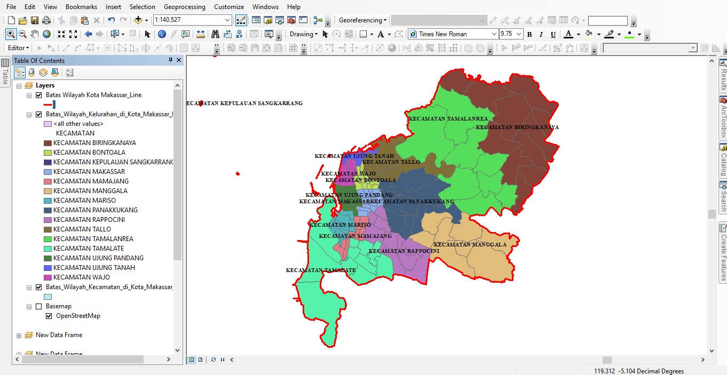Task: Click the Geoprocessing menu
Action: pyautogui.click(x=184, y=7)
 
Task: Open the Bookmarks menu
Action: pyautogui.click(x=81, y=7)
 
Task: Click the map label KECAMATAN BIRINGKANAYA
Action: pyautogui.click(x=517, y=127)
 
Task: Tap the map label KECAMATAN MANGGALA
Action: pyautogui.click(x=470, y=245)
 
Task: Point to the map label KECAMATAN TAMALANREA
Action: pyautogui.click(x=448, y=118)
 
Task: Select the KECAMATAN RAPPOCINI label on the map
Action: pyautogui.click(x=404, y=251)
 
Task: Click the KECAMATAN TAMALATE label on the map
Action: pyautogui.click(x=321, y=270)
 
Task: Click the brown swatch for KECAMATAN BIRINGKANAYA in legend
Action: pyautogui.click(x=48, y=143)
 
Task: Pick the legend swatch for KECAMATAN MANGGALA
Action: pyautogui.click(x=48, y=191)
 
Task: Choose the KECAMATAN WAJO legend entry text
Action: pyautogui.click(x=82, y=277)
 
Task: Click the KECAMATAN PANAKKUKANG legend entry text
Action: pyautogui.click(x=96, y=210)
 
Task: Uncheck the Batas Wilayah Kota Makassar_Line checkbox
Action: pyautogui.click(x=38, y=95)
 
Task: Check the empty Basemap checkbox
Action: pyautogui.click(x=38, y=307)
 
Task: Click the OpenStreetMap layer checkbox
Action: pyautogui.click(x=49, y=316)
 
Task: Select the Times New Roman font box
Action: pyautogui.click(x=454, y=34)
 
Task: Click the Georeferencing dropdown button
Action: pyautogui.click(x=363, y=20)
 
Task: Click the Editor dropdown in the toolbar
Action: pyautogui.click(x=19, y=48)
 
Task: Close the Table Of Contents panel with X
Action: pyautogui.click(x=179, y=60)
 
